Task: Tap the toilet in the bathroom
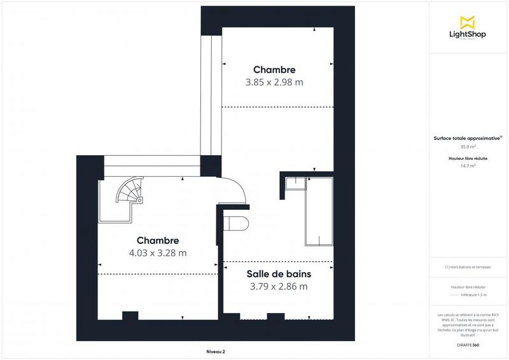[x=237, y=224]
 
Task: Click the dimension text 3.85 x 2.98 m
[x=274, y=82]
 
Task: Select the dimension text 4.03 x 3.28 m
[x=158, y=253]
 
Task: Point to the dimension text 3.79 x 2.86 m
[x=279, y=286]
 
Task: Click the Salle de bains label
[x=279, y=274]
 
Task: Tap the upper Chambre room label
[x=274, y=69]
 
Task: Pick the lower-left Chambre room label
[x=158, y=240]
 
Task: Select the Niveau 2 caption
[x=216, y=351]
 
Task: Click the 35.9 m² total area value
[x=468, y=146]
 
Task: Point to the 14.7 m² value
[x=468, y=165]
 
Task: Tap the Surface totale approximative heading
[x=467, y=137]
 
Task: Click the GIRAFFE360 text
[x=468, y=345]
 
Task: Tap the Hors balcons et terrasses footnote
[x=468, y=267]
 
